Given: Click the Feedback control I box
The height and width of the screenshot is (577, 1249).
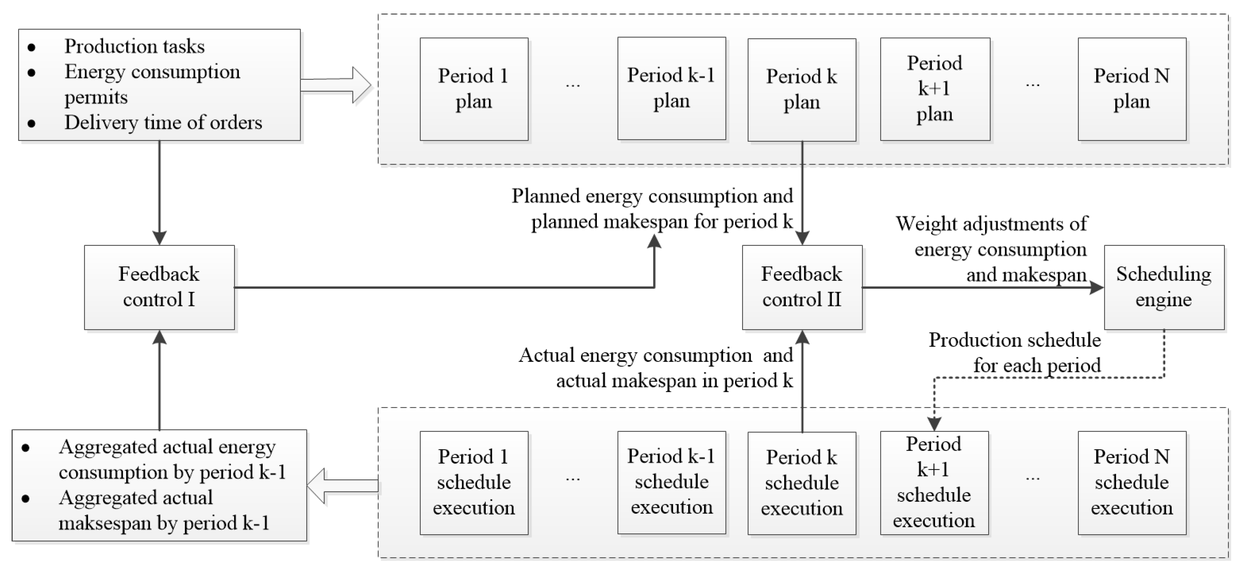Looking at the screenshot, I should (159, 287).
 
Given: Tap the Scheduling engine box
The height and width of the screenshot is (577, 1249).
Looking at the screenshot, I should (1164, 287).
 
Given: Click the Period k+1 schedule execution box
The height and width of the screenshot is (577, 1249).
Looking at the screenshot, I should (934, 483).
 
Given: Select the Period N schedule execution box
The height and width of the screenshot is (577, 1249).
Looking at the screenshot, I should (1132, 483).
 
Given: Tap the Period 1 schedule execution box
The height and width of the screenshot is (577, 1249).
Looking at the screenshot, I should (474, 483).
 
